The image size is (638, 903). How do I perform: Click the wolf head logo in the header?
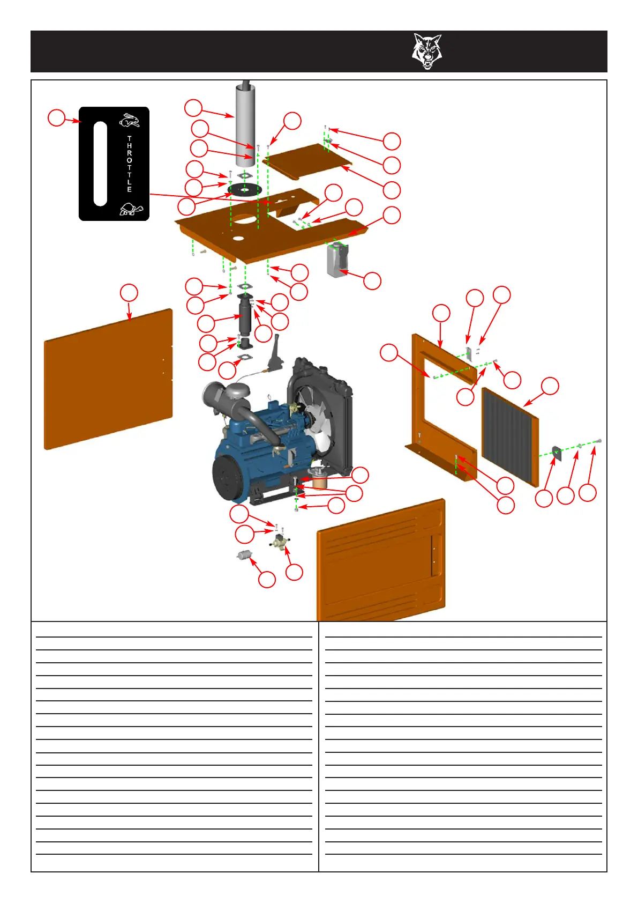click(426, 51)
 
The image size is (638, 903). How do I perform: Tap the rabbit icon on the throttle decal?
click(129, 121)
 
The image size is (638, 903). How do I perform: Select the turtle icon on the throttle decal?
click(131, 209)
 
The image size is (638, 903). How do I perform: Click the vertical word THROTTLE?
click(129, 164)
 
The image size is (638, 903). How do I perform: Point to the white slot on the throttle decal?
click(100, 164)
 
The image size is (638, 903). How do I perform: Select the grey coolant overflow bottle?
click(337, 260)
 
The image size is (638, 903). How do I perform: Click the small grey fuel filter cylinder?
click(245, 556)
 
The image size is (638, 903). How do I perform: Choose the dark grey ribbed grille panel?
click(509, 434)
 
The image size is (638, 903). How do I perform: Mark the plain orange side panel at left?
click(108, 379)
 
